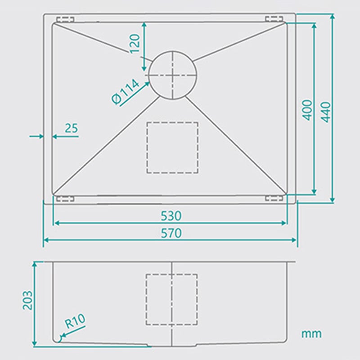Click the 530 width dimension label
[x=171, y=216]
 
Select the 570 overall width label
[x=171, y=233]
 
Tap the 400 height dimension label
[x=307, y=110]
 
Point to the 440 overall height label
[x=325, y=112]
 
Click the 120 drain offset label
[x=135, y=44]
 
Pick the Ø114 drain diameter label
[x=126, y=91]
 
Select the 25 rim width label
[x=72, y=128]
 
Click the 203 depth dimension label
[x=27, y=300]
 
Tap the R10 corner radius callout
[x=75, y=320]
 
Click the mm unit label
[x=311, y=333]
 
